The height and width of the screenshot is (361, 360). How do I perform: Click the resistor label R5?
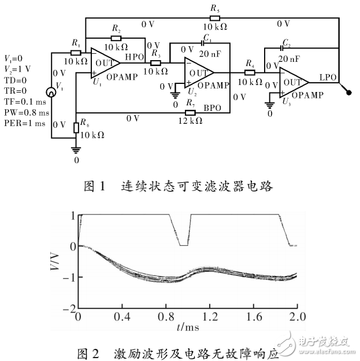[215, 9]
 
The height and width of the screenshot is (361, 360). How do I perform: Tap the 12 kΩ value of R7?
[190, 120]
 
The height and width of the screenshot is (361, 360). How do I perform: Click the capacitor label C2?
[285, 45]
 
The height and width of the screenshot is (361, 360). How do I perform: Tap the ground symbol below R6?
[76, 149]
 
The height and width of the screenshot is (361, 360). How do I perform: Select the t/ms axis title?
[186, 328]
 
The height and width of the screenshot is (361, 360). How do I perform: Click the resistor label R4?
[250, 62]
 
